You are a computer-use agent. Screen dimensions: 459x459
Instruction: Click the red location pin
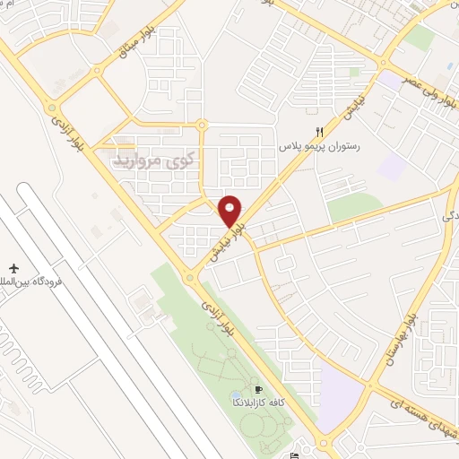pyautogui.click(x=230, y=211)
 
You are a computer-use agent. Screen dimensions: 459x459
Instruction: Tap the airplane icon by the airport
pyautogui.click(x=14, y=268)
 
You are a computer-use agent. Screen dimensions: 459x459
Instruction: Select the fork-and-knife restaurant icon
pyautogui.click(x=319, y=131)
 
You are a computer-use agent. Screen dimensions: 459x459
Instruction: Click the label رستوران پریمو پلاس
pyautogui.click(x=320, y=145)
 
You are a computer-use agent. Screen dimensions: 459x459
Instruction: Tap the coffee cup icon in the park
pyautogui.click(x=259, y=390)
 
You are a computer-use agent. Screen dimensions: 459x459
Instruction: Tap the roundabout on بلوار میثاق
pyautogui.click(x=203, y=125)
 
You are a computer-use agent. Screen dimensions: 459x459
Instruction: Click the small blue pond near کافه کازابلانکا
pyautogui.click(x=236, y=394)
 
